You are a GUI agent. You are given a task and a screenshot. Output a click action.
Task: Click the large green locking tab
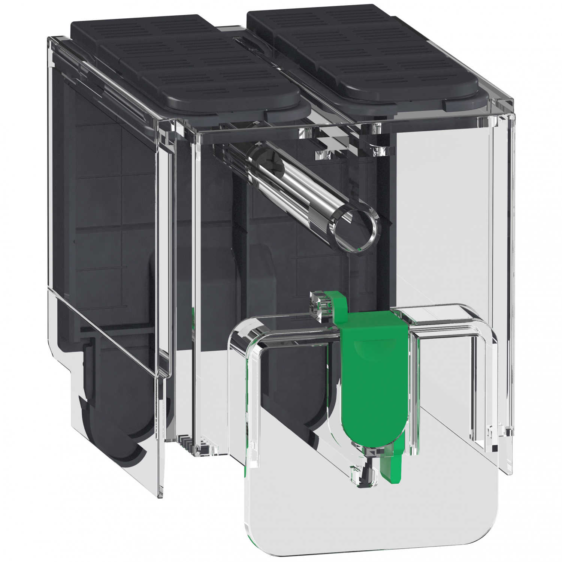pyautogui.click(x=375, y=378)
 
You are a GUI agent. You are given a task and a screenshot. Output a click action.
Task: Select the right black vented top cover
pyautogui.click(x=367, y=52)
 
